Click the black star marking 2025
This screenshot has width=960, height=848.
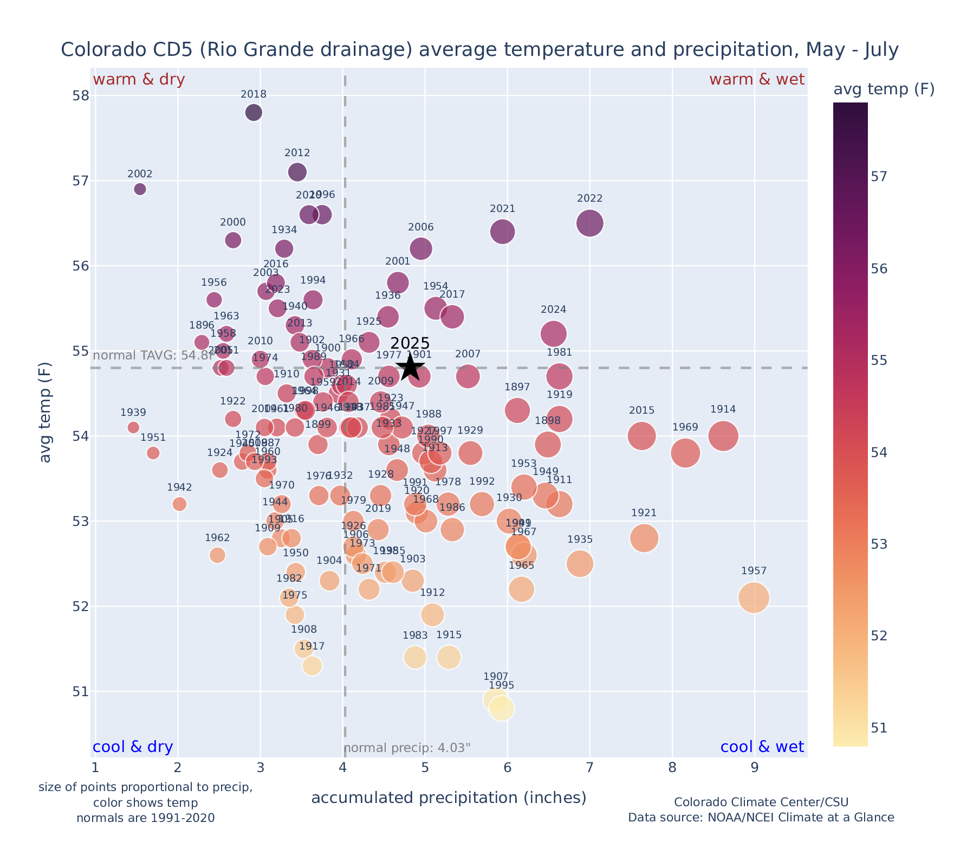click(410, 368)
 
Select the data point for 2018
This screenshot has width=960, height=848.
click(254, 113)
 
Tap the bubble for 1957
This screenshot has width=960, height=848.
click(753, 598)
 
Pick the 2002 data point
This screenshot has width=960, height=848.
click(140, 189)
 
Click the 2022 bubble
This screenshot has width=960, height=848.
click(589, 223)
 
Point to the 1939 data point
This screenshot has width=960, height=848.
click(133, 427)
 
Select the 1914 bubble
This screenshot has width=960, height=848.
click(723, 436)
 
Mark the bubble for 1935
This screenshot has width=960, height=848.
click(580, 564)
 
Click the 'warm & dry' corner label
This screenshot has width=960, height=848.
click(139, 80)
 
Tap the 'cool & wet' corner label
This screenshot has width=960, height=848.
click(762, 747)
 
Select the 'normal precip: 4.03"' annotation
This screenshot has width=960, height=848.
click(407, 748)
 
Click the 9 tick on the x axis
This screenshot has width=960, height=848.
click(754, 768)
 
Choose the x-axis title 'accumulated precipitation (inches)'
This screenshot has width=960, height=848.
click(449, 798)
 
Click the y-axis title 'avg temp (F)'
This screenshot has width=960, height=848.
click(46, 413)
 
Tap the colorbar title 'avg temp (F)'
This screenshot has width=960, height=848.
click(884, 89)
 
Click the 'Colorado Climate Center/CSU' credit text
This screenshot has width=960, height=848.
click(761, 802)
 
